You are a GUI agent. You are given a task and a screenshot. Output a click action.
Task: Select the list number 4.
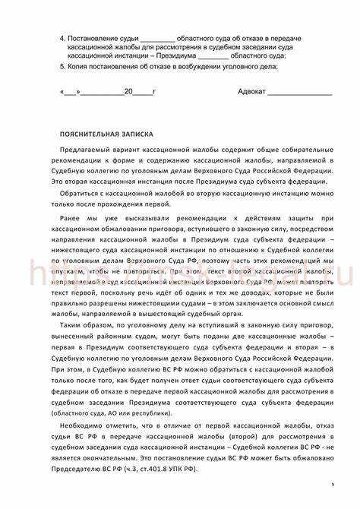point(62,37)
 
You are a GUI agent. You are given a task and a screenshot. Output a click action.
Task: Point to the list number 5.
point(62,66)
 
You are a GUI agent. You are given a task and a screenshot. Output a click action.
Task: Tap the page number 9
point(332,484)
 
